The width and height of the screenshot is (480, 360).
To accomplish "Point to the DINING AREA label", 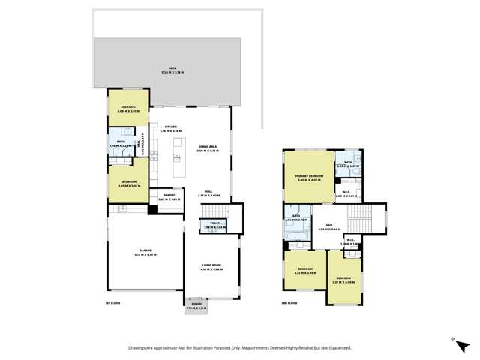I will click(208, 148).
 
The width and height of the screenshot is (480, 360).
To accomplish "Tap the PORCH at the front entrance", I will click(195, 307).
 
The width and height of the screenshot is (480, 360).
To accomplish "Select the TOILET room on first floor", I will click(207, 225).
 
